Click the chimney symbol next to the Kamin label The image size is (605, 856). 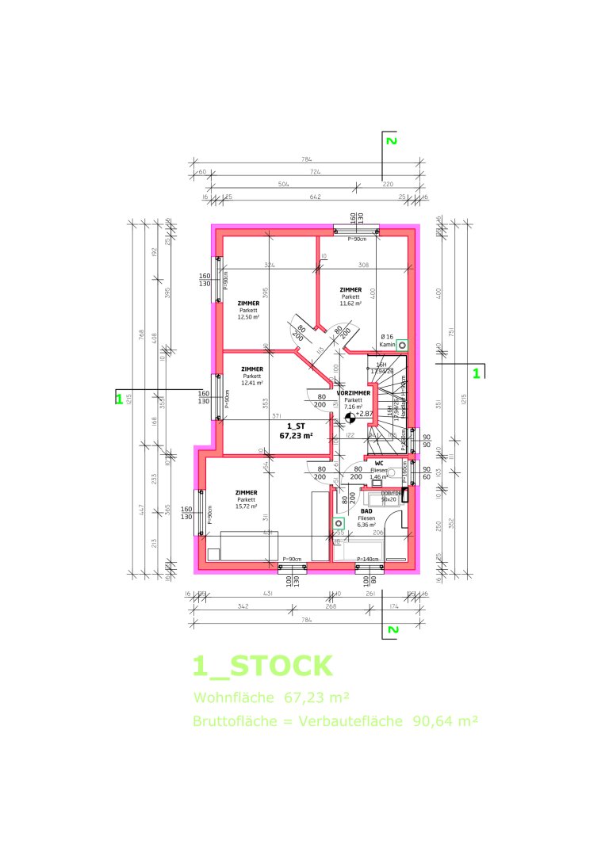pyautogui.click(x=403, y=346)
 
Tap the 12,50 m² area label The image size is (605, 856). pyautogui.click(x=250, y=316)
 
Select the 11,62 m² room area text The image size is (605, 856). pyautogui.click(x=350, y=303)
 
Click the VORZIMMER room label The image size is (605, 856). pyautogui.click(x=354, y=393)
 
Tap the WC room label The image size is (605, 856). pyautogui.click(x=379, y=463)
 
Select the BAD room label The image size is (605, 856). pyautogui.click(x=366, y=511)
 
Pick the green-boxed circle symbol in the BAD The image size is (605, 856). pyautogui.click(x=339, y=523)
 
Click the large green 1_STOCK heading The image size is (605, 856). pyautogui.click(x=262, y=666)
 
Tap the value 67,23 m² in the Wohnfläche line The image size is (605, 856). pyautogui.click(x=317, y=697)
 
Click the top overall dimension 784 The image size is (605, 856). pyautogui.click(x=306, y=160)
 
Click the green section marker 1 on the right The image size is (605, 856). pyautogui.click(x=477, y=372)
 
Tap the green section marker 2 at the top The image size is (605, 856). pyautogui.click(x=389, y=141)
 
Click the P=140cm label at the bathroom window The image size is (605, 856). pyautogui.click(x=368, y=560)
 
